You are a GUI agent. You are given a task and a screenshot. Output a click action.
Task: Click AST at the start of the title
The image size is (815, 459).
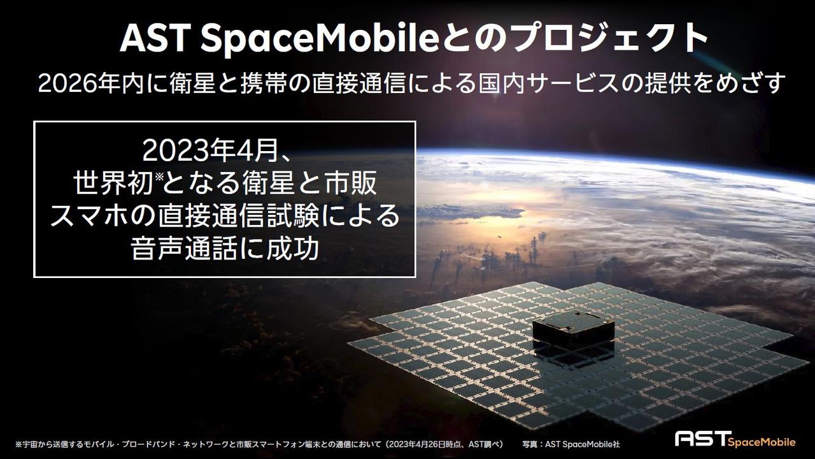point(155,40)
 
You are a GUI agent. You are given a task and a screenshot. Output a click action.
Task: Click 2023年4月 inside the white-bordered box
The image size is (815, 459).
point(211,151)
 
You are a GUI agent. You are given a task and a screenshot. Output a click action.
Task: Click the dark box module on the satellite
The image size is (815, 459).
point(572,329)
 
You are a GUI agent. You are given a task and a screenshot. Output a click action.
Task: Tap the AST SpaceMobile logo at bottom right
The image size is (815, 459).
point(735,439)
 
